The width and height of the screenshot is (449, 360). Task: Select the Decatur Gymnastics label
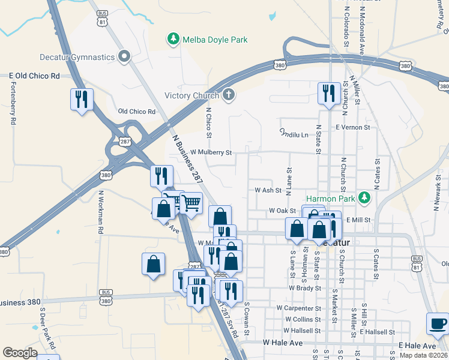(77, 57)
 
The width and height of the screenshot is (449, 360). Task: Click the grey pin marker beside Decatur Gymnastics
(125, 57)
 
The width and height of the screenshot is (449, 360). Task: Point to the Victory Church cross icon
(228, 95)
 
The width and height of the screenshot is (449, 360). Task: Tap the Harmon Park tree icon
(363, 197)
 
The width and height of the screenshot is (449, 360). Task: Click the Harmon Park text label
(331, 198)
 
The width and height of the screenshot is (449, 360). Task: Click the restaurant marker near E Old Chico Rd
(81, 100)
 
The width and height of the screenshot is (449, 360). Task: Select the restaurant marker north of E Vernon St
(329, 94)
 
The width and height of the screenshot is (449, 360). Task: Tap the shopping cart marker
(191, 203)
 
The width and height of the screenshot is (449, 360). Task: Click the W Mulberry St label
(211, 153)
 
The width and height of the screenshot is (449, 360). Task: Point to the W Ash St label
(268, 190)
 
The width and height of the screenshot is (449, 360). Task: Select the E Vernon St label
(353, 128)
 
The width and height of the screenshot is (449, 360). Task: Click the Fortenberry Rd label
(13, 101)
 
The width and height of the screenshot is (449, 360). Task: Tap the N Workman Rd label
(101, 212)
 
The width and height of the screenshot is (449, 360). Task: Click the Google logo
(20, 353)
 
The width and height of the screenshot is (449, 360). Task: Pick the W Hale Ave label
(283, 342)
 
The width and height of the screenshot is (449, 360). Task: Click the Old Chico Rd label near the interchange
(137, 112)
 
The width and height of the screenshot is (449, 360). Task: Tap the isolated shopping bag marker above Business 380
(154, 265)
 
